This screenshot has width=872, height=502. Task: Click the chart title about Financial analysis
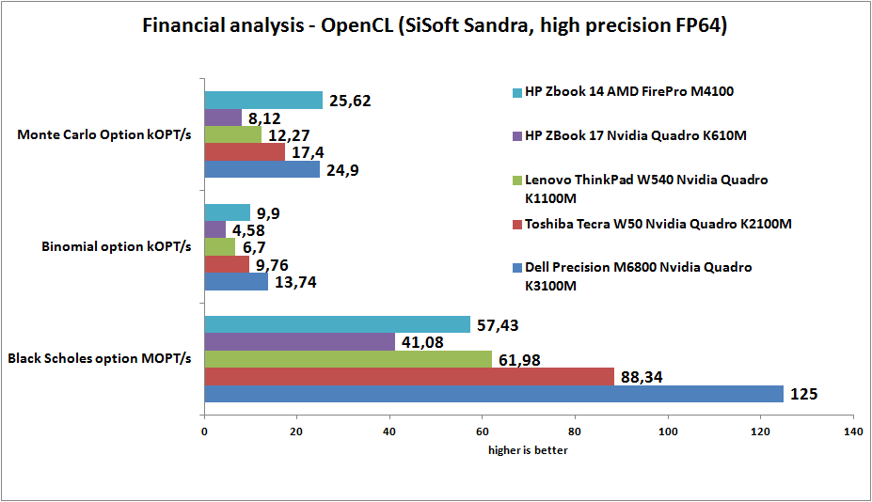(435, 26)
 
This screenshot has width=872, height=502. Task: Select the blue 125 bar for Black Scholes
(494, 394)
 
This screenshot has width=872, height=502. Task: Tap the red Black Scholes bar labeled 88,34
(409, 376)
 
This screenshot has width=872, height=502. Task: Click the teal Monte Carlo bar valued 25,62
(263, 100)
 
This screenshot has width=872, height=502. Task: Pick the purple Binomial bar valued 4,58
(215, 229)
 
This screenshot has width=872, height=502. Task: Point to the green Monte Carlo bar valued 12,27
(232, 134)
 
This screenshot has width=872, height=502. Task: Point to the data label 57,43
(499, 324)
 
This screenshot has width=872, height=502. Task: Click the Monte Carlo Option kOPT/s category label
(104, 134)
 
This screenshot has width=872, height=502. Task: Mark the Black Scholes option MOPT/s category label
(100, 358)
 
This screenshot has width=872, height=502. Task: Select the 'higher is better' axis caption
(528, 450)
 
